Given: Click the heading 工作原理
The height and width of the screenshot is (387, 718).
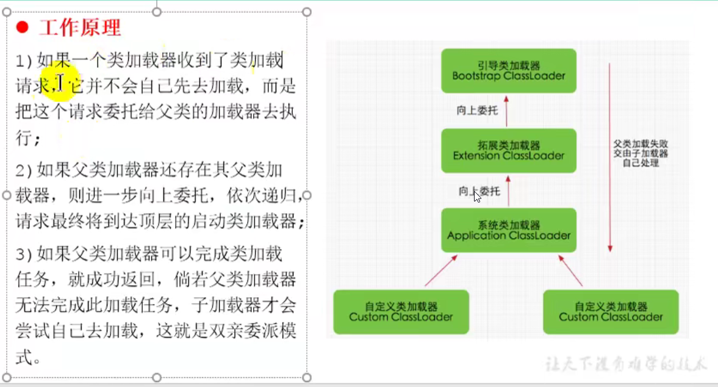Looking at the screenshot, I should [x=80, y=27].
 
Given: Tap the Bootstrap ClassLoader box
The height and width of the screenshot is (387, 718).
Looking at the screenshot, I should [x=509, y=71].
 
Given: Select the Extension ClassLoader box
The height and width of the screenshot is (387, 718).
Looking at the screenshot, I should [x=509, y=150].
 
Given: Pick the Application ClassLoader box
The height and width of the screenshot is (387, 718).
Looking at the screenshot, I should [x=509, y=230].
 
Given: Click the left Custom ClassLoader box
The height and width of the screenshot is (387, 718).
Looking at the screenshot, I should [x=401, y=311].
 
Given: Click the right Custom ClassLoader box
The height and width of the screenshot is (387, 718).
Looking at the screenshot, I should [x=611, y=311].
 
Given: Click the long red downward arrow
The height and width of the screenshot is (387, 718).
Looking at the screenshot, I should [x=609, y=159].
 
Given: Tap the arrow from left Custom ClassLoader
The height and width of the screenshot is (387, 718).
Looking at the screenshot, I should [x=440, y=270].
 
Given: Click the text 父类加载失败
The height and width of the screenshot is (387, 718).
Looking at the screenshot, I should [x=641, y=145].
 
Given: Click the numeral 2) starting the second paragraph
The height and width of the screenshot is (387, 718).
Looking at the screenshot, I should [x=23, y=169].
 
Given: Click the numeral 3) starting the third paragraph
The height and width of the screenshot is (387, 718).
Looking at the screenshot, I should [x=23, y=253].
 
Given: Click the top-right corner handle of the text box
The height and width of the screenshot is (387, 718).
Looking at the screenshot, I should [x=307, y=12].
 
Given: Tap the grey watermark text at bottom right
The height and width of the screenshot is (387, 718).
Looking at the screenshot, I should [x=627, y=364].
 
